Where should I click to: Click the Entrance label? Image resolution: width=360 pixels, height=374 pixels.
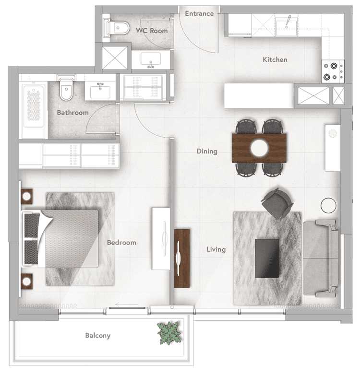point(199,13)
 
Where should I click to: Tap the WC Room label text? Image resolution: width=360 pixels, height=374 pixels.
point(152,31)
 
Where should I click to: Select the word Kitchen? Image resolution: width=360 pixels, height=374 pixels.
point(275,60)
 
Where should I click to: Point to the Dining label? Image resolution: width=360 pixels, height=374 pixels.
point(207,152)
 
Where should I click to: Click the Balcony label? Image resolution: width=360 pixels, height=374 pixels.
point(98,336)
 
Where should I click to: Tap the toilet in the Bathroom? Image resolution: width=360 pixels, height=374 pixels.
point(66,88)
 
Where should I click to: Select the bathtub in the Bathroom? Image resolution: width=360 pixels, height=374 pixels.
point(34,110)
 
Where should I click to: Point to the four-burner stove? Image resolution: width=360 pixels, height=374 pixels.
point(333,71)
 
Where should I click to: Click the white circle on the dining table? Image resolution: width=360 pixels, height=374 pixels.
point(259,148)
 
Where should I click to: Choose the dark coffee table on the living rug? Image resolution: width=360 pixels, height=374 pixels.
point(267,258)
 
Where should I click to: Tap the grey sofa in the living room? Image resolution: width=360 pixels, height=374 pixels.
point(320,258)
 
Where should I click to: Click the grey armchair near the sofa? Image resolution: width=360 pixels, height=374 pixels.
point(277,203)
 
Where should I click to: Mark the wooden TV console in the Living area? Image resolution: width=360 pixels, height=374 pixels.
point(182,258)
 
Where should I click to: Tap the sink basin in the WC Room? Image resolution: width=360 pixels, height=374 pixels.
point(150,59)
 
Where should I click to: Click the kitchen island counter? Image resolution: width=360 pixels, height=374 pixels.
point(259,96)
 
